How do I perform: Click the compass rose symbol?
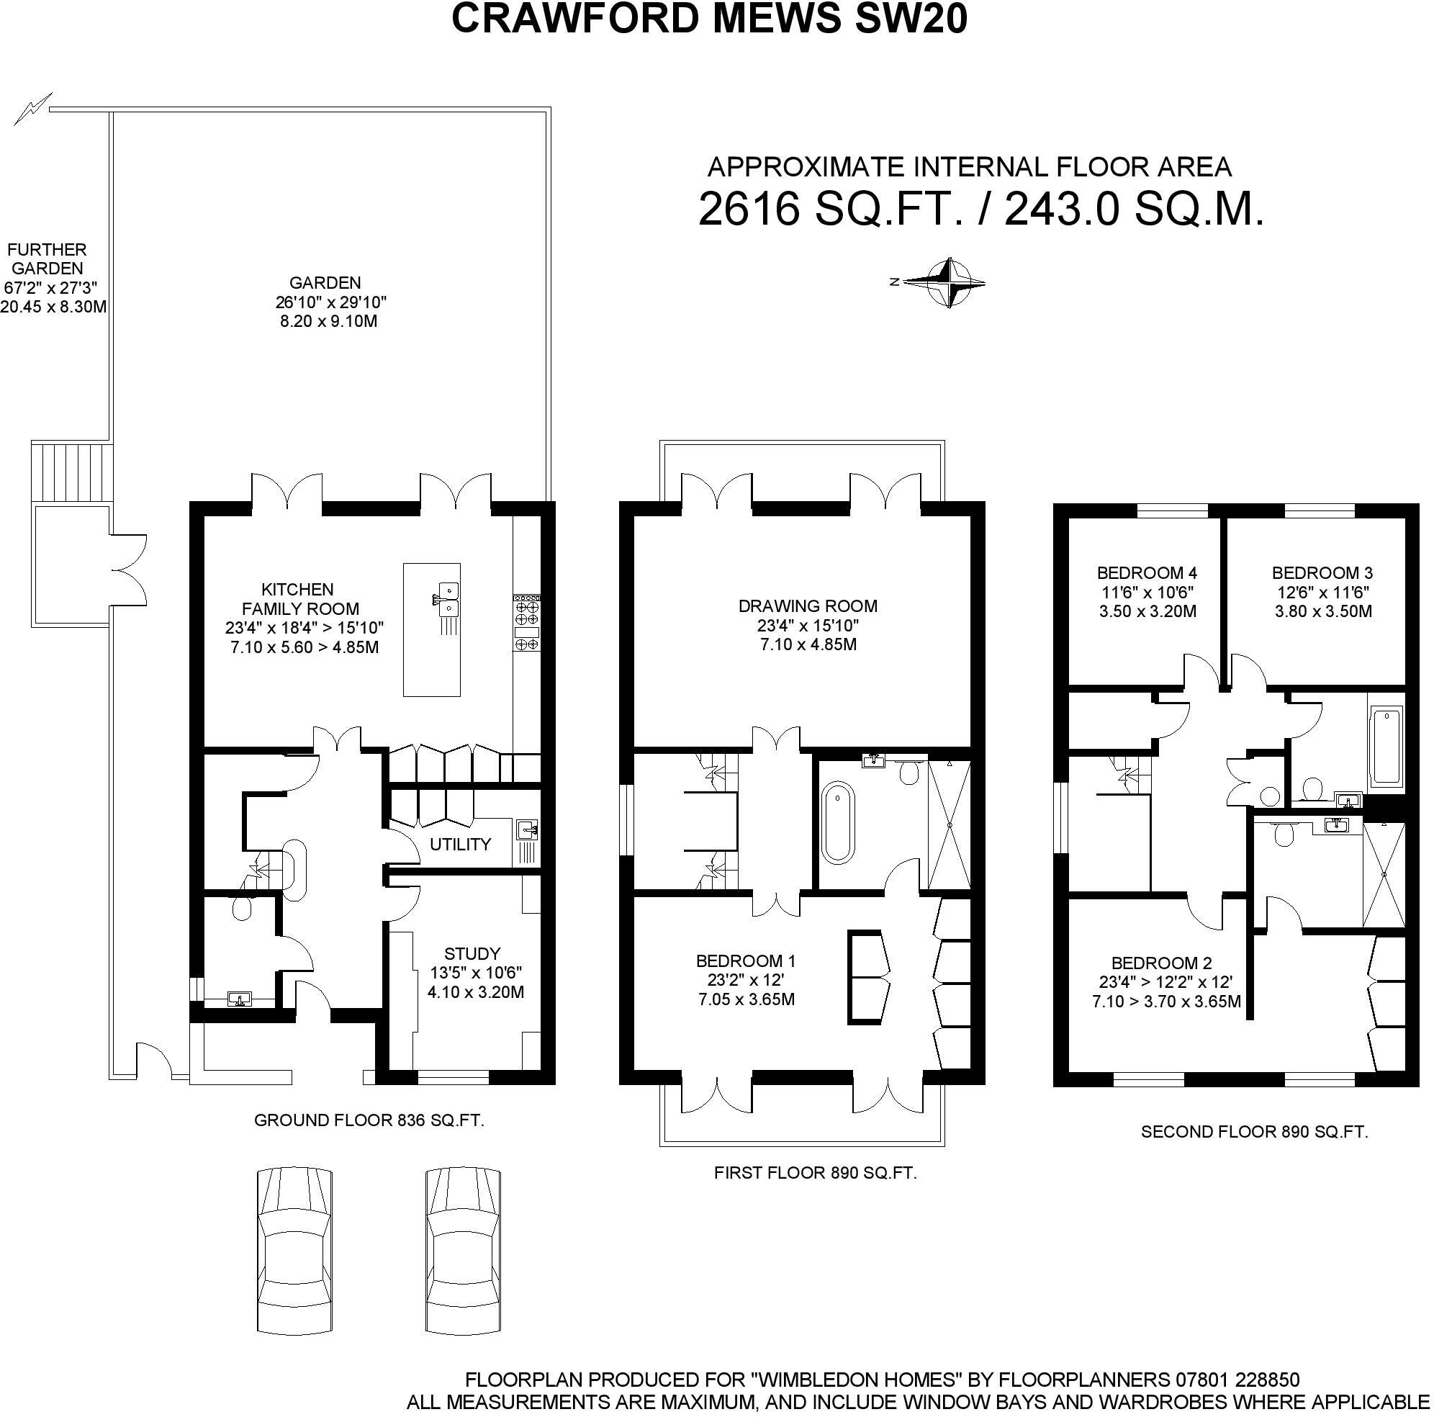coord(948,283)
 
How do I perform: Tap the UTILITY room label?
coord(460,844)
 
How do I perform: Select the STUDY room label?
coord(472,954)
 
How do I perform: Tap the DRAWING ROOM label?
coord(808,606)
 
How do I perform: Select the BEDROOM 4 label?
coord(1147,573)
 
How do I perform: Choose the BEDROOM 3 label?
coord(1322,573)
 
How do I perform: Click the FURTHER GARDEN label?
coord(47,259)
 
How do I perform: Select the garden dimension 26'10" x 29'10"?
coord(330,302)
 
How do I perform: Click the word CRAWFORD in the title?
coord(574,19)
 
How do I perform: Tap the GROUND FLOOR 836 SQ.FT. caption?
coord(369,1121)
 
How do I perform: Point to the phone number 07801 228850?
coord(1237,1380)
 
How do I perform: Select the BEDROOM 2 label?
coord(1162,963)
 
